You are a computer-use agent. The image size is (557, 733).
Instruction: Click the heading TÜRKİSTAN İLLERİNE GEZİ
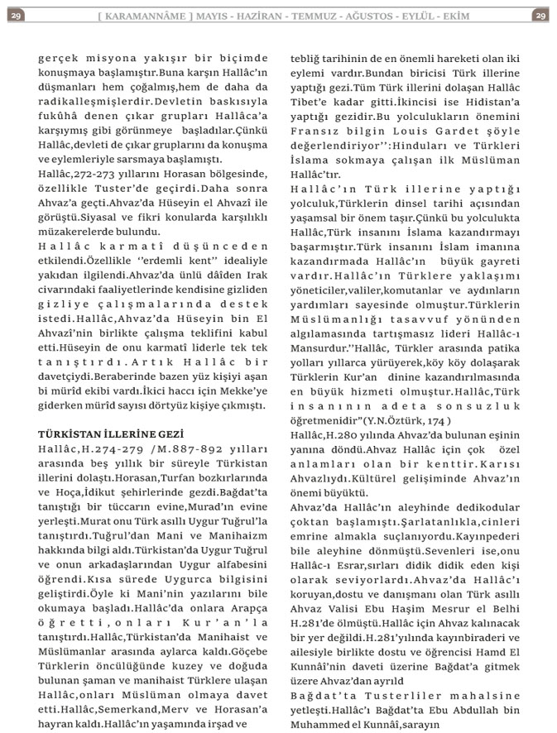[111, 434]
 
